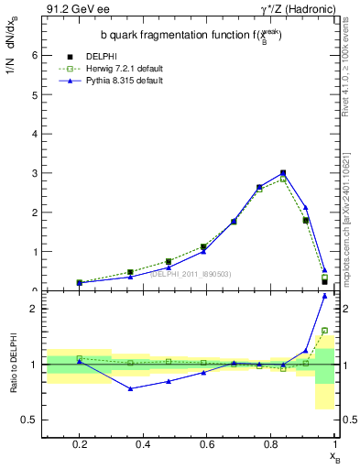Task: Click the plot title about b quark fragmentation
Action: [x=191, y=35]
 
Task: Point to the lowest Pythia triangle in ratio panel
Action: [x=132, y=388]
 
